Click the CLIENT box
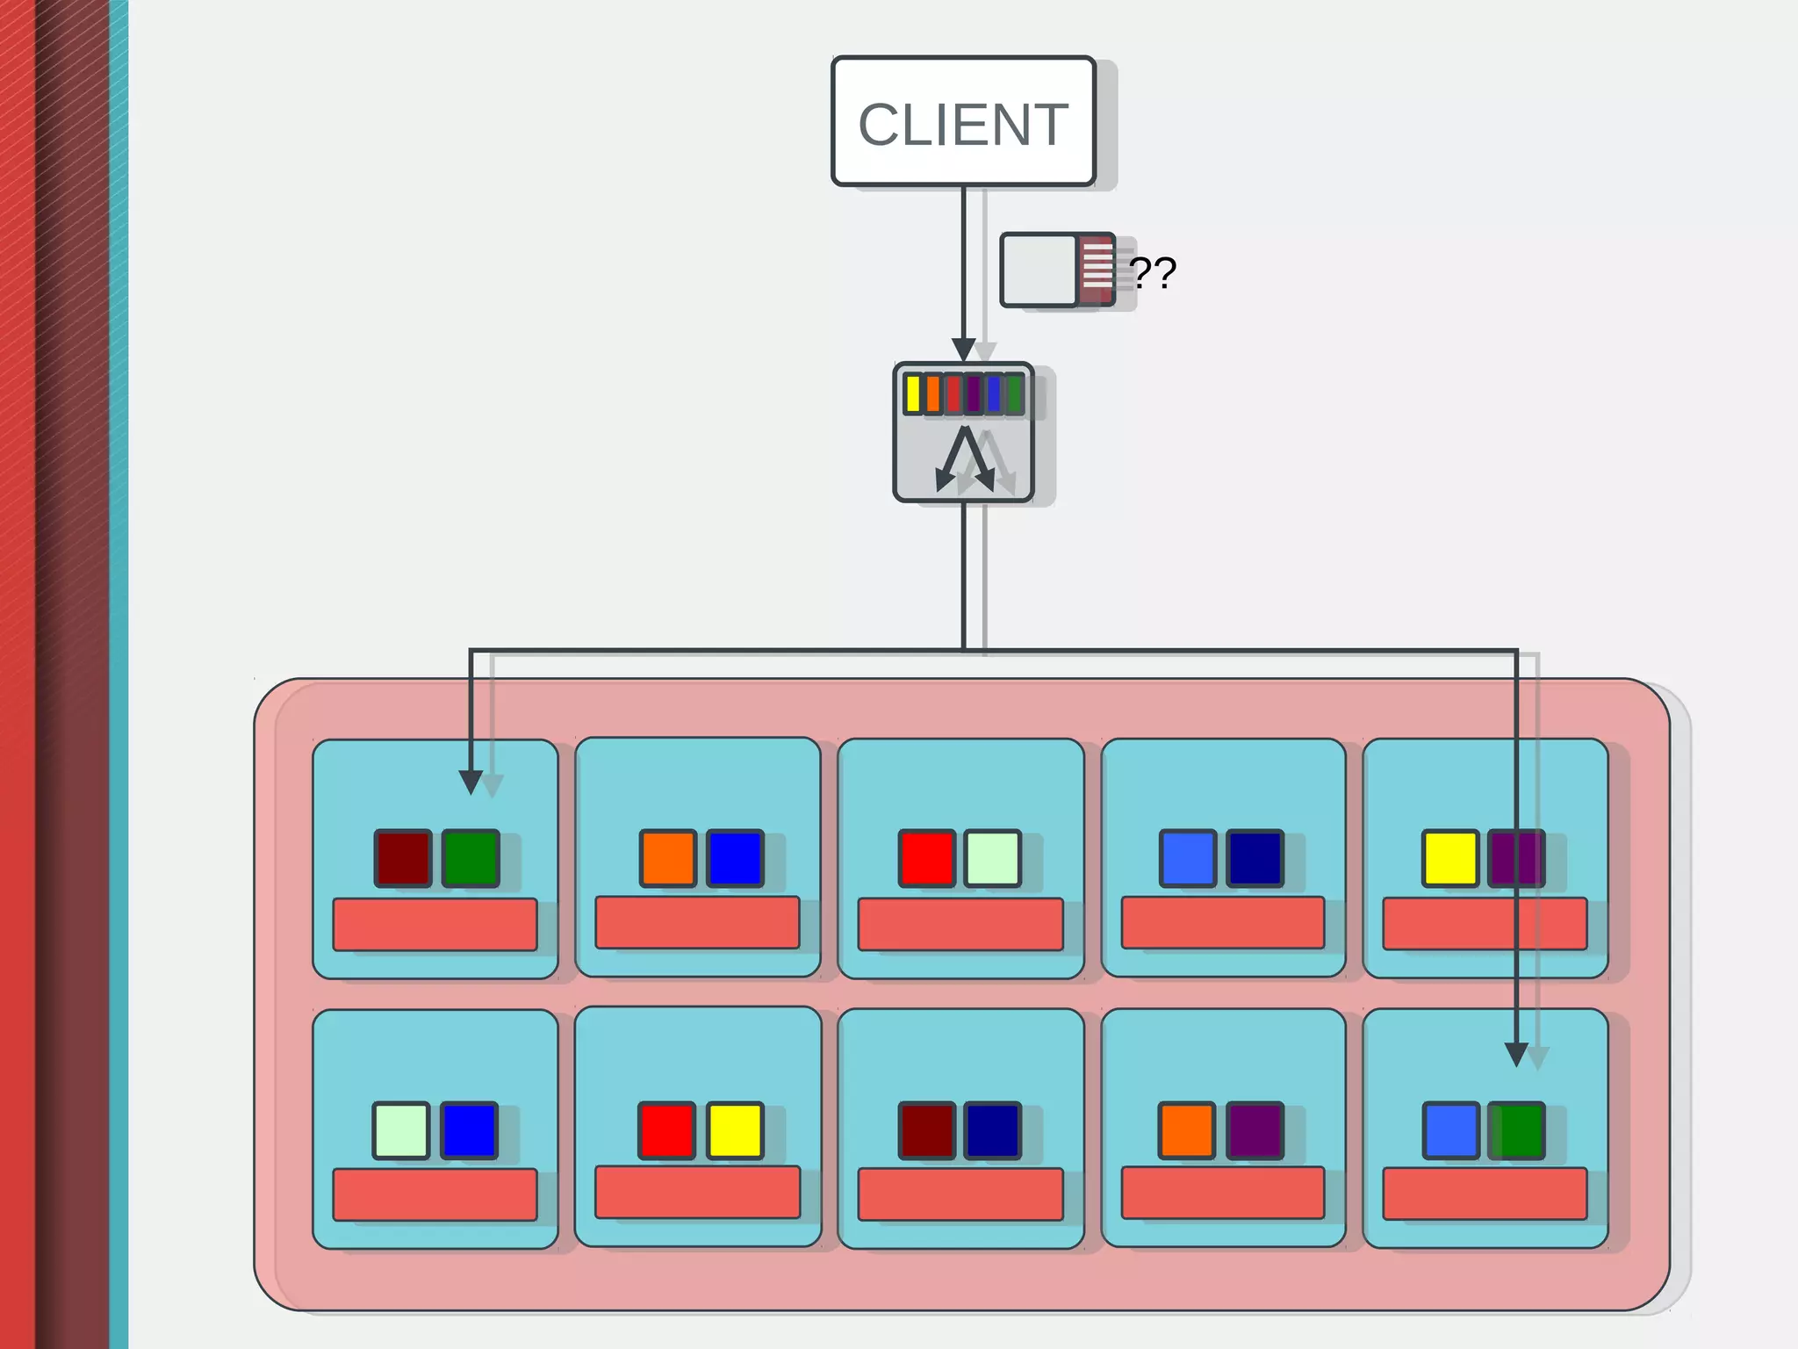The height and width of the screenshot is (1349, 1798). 963,121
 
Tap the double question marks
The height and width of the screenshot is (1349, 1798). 1152,273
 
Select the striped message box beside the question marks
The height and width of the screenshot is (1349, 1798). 1058,270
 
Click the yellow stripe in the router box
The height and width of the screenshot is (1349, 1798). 913,394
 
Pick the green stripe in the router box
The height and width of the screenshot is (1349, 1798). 1014,394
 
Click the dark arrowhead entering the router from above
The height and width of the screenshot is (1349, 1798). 964,350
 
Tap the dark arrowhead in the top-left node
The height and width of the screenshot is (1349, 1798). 471,781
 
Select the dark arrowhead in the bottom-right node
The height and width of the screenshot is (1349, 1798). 1516,1053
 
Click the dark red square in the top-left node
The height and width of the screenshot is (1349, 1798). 403,858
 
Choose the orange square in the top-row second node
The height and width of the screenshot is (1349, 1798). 667,858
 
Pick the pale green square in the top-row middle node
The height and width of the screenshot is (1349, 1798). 992,858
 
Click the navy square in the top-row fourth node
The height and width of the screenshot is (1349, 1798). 1255,858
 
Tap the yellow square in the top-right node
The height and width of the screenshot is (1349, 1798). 1450,858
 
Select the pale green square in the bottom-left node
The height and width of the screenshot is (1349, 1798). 401,1130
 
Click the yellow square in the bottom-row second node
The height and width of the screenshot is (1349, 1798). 735,1130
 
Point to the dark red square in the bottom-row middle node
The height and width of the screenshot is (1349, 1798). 927,1130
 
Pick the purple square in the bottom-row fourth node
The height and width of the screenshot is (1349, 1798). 1255,1130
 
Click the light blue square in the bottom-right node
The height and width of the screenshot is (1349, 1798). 1450,1130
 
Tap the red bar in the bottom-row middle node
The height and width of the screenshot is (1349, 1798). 960,1194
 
